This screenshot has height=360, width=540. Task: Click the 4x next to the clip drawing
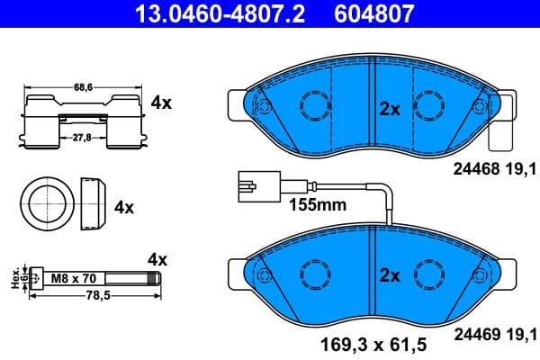(161, 103)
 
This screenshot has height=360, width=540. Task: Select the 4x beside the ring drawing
(123, 206)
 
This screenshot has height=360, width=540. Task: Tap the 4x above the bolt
(157, 259)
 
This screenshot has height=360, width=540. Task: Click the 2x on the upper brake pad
(389, 109)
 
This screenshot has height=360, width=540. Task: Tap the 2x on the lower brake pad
(389, 274)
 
